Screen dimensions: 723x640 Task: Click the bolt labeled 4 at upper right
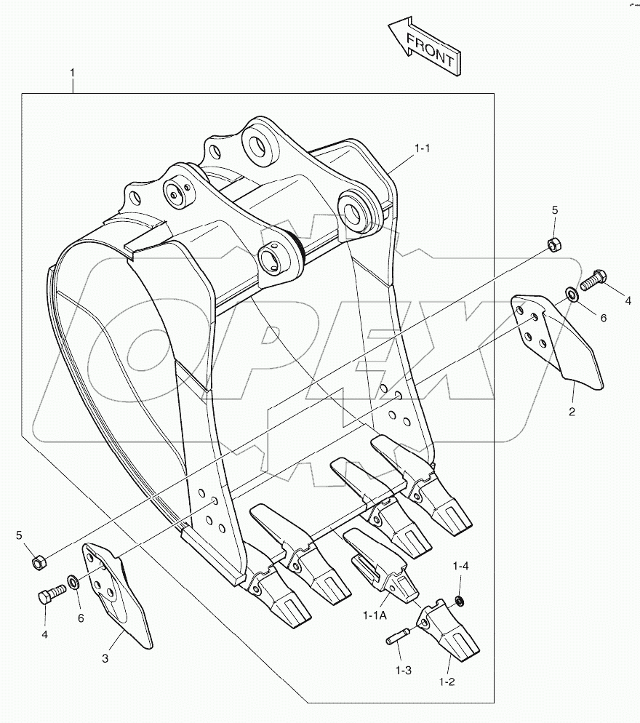[x=593, y=279]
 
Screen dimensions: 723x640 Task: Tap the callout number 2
[x=572, y=412]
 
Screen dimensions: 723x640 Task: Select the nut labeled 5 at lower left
[x=39, y=561]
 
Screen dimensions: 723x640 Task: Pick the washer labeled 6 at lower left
[x=74, y=582]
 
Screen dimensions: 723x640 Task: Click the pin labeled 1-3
[x=396, y=641]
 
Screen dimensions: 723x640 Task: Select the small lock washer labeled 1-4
[x=460, y=601]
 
